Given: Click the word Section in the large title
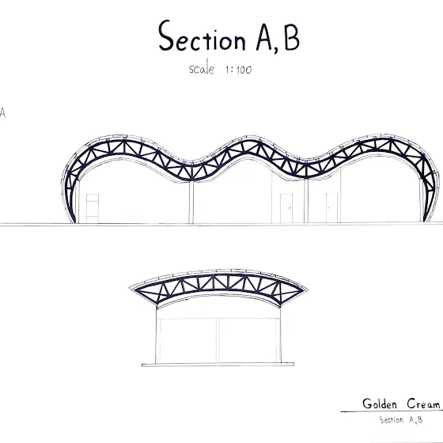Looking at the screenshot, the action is click(202, 36).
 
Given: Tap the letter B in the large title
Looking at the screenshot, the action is click(292, 37).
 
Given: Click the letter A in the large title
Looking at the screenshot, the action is click(264, 37).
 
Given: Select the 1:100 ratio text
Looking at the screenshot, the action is click(238, 70).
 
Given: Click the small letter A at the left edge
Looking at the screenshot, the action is click(2, 112).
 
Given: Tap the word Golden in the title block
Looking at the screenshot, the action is click(380, 403).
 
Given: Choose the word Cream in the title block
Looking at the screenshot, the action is click(423, 403).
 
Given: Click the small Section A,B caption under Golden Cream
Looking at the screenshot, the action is click(401, 420).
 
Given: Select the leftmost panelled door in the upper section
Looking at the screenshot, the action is click(93, 209).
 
